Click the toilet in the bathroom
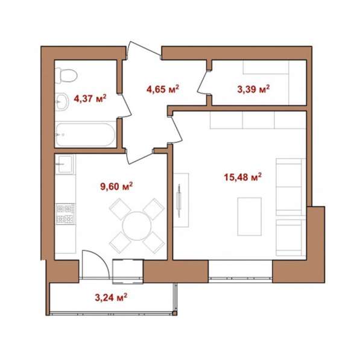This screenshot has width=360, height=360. coord(66,75)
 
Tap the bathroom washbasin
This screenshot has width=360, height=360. coord(62,102)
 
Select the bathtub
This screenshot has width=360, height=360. coord(86,134)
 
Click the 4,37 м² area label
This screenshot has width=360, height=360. coord(90,98)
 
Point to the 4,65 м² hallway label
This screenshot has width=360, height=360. coord(163,89)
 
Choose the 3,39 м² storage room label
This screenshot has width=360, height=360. coord(253,89)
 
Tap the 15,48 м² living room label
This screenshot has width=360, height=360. coord(243,177)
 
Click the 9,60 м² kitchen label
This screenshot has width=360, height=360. coord(116,186)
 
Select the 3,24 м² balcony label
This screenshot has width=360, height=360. coord(111,297)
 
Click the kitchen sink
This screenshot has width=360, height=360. coord(65,164)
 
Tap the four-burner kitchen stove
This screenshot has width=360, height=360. coord(65,214)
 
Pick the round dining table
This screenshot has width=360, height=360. coord(137,226)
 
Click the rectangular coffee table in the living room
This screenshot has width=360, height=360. coord(250,216)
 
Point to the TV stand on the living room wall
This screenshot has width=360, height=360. coord(181,200)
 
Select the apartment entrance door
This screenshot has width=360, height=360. coord(144,49)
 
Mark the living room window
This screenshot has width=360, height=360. coord(241,278)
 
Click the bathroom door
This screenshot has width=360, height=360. coord(127,106)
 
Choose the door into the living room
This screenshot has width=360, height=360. coord(175,130)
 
